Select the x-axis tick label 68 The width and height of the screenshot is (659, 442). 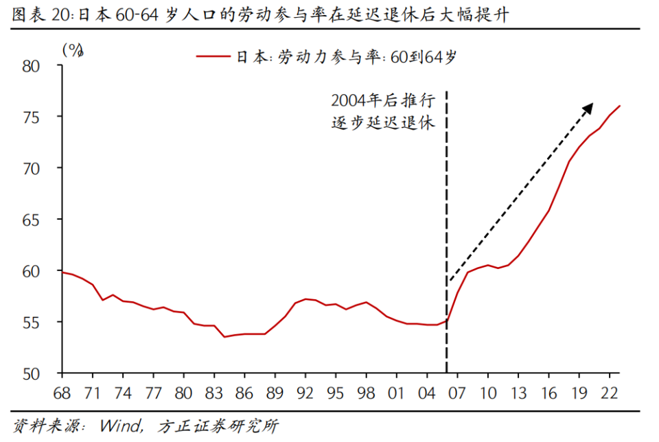point(62,393)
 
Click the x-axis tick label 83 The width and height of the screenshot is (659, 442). point(214,393)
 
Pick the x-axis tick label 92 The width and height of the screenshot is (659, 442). point(305,393)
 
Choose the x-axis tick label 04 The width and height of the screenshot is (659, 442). point(426,393)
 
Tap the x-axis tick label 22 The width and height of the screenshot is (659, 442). point(609,393)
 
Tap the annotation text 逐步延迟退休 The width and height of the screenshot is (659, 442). point(382,124)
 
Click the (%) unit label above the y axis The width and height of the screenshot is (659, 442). point(72,49)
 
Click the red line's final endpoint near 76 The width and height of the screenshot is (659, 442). point(620,106)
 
